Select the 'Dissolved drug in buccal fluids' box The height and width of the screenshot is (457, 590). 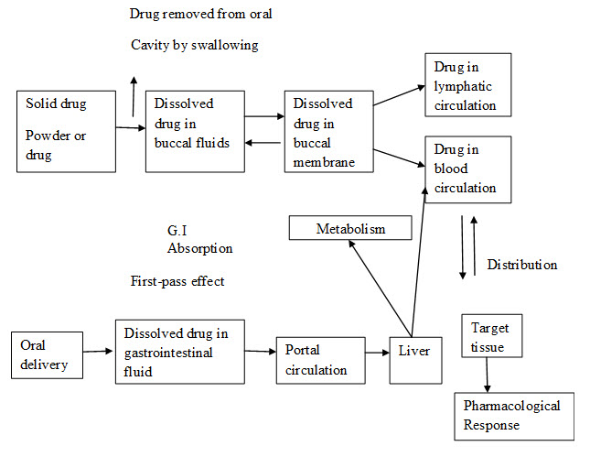[x=194, y=129]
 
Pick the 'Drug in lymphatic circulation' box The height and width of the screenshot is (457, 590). [x=467, y=84]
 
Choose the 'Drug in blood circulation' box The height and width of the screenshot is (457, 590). [x=467, y=169]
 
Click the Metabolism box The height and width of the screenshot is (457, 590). [x=350, y=227]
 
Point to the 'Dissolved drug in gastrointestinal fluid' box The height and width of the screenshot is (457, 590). [x=179, y=351]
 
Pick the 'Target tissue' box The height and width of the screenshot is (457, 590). [x=492, y=337]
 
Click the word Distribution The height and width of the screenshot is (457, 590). [x=521, y=265]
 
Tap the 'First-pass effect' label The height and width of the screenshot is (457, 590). [x=177, y=281]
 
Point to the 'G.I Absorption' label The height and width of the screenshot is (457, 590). [x=199, y=240]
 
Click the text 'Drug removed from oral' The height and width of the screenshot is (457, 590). [x=200, y=15]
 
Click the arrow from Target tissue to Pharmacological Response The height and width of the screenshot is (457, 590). [x=488, y=376]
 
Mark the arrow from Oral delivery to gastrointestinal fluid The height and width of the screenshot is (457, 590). [x=98, y=351]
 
